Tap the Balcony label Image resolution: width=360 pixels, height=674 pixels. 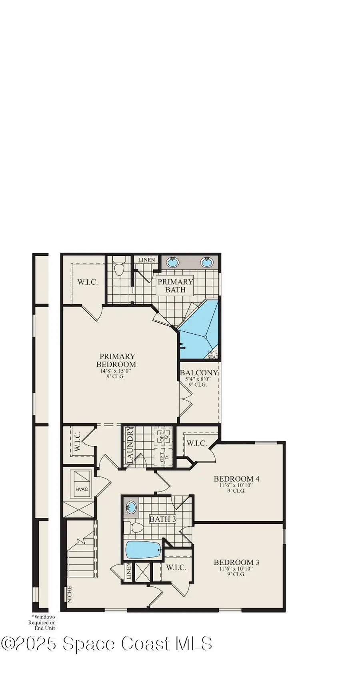click(198, 373)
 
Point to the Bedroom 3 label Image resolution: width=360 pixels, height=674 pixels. click(236, 562)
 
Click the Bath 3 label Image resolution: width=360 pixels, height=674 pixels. click(163, 519)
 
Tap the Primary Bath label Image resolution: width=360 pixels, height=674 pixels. click(175, 285)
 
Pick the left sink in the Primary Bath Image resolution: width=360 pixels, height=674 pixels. click(172, 263)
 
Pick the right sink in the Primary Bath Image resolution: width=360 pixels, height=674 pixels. click(206, 263)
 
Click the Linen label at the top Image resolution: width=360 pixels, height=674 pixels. click(146, 260)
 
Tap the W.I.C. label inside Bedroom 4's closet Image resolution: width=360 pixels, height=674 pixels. click(196, 443)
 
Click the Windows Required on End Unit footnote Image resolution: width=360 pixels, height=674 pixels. click(42, 622)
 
